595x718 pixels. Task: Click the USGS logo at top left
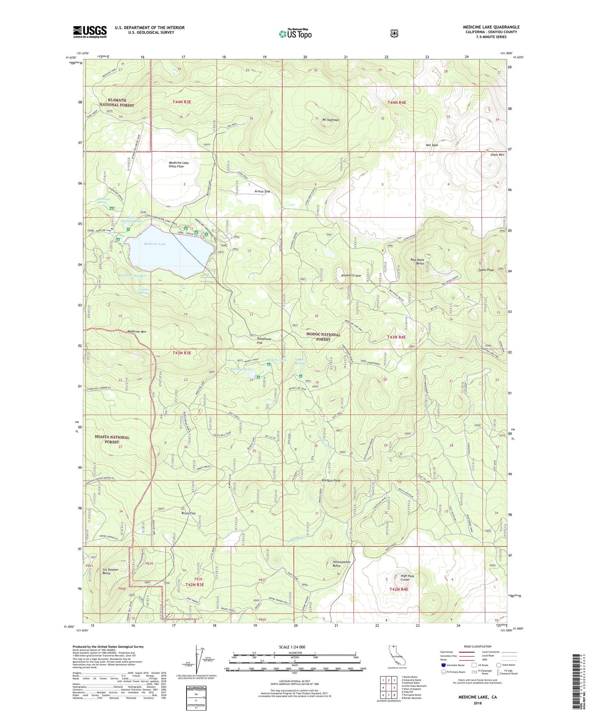pos(90,32)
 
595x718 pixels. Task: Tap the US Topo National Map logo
pos(295,34)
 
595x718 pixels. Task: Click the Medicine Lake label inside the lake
pos(155,244)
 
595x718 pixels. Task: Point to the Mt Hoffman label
pos(330,120)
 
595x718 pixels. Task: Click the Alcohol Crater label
pos(351,276)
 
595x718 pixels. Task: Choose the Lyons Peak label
pos(486,270)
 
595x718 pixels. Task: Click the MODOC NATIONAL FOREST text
pos(323,337)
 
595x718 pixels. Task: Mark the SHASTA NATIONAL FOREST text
pos(112,440)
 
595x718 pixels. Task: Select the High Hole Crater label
pos(407,578)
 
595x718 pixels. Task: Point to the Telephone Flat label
pos(264,341)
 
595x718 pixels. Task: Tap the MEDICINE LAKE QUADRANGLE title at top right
pos(491,27)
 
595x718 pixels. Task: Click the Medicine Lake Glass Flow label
pos(176,164)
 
